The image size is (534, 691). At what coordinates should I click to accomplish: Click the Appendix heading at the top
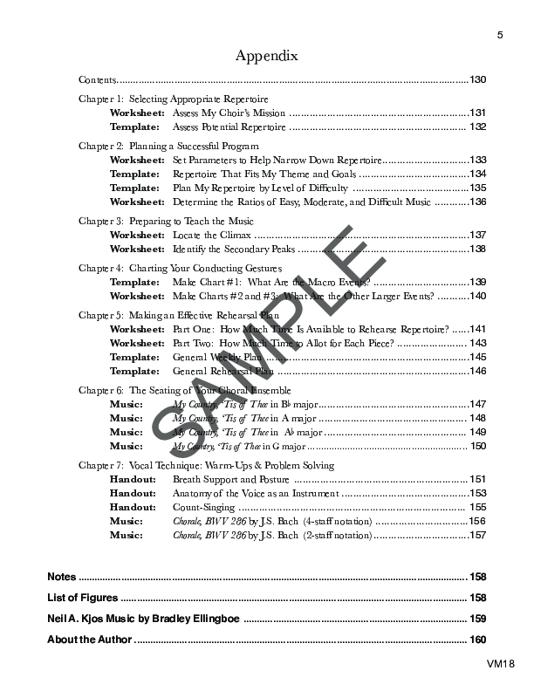tap(267, 56)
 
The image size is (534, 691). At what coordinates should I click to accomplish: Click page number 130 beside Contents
tap(477, 80)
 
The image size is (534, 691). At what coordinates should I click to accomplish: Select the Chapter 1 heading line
tap(174, 99)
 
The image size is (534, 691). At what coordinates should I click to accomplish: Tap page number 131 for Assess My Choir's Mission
tap(477, 113)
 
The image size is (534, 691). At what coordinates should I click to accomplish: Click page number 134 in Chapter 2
tap(477, 174)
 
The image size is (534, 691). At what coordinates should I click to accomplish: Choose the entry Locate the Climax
tap(212, 236)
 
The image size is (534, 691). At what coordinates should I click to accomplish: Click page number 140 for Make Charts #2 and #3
tap(477, 297)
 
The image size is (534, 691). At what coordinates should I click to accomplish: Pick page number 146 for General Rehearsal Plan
tap(477, 371)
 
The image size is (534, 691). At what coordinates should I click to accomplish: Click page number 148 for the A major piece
tap(477, 418)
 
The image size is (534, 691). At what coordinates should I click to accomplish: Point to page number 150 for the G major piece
tap(477, 446)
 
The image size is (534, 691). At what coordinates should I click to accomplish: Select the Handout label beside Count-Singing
tap(133, 507)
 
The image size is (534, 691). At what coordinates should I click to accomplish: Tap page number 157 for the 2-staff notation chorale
tap(477, 535)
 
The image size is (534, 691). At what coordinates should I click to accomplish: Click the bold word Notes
tap(62, 578)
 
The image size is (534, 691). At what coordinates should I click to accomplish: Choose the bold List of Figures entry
tap(82, 599)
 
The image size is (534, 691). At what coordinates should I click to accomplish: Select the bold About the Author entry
tap(90, 640)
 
